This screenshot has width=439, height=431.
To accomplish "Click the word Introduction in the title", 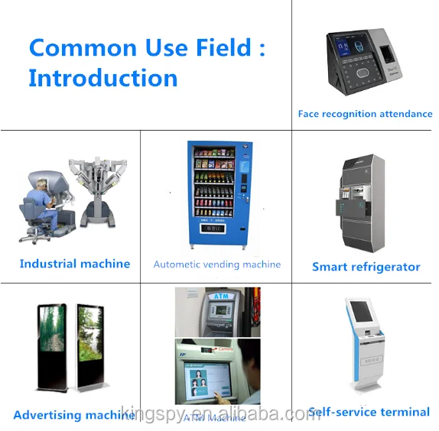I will (103, 78).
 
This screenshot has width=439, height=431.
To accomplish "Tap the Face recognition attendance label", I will (365, 114).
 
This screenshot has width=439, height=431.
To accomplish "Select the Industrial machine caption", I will (75, 264).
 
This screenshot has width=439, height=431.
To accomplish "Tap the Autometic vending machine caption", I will (217, 264).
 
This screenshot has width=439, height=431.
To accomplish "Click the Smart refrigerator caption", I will (366, 267).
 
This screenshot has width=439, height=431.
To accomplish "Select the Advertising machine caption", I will (74, 415).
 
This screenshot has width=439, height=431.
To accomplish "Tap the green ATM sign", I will (220, 297).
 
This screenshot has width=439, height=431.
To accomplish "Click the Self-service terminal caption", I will (369, 412).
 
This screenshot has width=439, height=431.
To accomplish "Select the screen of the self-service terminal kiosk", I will (360, 312).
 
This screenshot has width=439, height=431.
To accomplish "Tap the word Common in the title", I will (83, 47).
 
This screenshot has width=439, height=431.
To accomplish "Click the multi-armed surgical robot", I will (96, 187).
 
